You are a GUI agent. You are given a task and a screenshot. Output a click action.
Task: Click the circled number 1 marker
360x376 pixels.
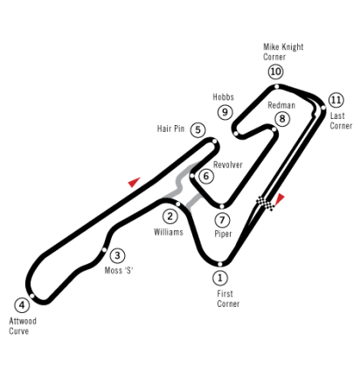(x=220, y=278)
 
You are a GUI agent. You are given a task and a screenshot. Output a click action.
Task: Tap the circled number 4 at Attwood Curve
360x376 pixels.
(x=22, y=305)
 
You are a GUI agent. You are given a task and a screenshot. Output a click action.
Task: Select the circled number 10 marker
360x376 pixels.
(x=275, y=72)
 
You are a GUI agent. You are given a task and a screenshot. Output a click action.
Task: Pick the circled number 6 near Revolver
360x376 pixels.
(x=206, y=176)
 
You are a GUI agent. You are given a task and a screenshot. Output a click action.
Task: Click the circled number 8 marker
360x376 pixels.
(x=282, y=119)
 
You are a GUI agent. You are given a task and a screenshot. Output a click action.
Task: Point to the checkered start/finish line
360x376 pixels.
(x=266, y=203)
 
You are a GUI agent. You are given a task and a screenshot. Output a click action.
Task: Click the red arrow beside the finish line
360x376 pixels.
(x=280, y=198)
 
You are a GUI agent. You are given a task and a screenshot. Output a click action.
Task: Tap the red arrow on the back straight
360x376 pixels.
(x=134, y=182)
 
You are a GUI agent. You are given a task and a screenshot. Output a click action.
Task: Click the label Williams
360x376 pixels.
(x=169, y=232)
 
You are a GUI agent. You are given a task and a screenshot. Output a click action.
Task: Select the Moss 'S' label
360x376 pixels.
(x=119, y=270)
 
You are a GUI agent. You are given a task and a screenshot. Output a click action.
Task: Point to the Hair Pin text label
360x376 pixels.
(x=170, y=129)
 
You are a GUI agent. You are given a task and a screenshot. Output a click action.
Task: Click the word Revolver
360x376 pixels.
(x=228, y=164)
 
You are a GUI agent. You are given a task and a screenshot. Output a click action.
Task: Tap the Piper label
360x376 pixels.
(x=223, y=233)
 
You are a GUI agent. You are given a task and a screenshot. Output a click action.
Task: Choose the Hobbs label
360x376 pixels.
(x=224, y=97)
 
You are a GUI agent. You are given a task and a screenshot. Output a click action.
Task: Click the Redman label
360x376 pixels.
(x=281, y=105)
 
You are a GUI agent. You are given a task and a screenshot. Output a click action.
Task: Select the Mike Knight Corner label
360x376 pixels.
(x=283, y=52)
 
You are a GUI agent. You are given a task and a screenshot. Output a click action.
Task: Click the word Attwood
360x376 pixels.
(x=23, y=321)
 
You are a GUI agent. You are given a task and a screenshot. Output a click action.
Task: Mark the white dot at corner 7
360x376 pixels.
(x=222, y=206)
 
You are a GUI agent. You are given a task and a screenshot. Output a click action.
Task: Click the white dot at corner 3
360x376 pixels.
(x=104, y=250)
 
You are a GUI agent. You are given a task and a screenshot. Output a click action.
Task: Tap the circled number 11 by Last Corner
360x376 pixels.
(x=336, y=100)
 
